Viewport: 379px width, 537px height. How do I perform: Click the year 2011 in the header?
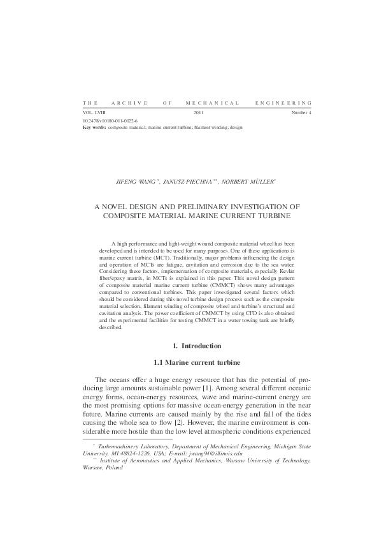[197, 113]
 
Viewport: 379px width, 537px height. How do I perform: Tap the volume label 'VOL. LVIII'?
[94, 113]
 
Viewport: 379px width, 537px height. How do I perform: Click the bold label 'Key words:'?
[95, 127]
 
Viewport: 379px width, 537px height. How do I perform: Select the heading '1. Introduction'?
[196, 346]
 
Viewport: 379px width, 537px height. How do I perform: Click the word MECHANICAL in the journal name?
[212, 103]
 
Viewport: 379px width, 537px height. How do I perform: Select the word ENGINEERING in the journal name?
[283, 103]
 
